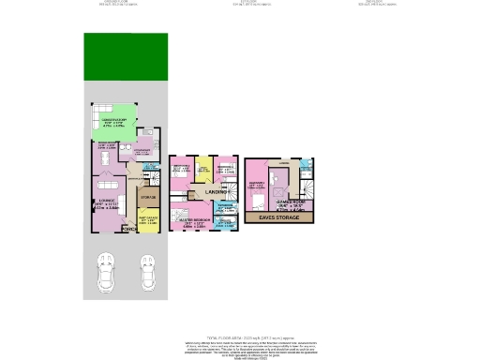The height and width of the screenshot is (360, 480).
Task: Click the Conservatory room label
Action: click(113, 120)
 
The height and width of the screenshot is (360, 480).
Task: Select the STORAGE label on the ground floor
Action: click(147, 198)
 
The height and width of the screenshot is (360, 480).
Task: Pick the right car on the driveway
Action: click(147, 274)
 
